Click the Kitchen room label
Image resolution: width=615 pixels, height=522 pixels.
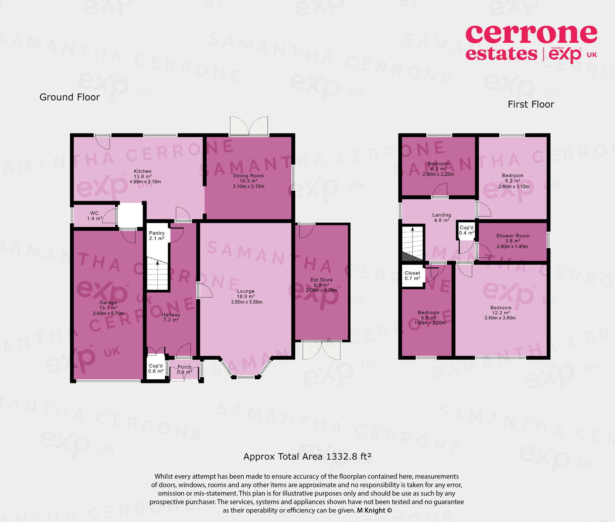pyautogui.click(x=143, y=171)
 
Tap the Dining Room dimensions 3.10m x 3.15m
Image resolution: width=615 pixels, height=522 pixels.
pyautogui.click(x=248, y=186)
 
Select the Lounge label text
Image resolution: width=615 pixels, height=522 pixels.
pyautogui.click(x=246, y=291)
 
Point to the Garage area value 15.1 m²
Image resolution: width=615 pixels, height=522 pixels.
pyautogui.click(x=108, y=308)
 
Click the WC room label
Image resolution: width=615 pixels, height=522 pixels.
pyautogui.click(x=95, y=213)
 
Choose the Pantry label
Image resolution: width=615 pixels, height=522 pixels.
pyautogui.click(x=157, y=233)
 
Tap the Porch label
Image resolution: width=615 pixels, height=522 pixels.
pyautogui.click(x=184, y=367)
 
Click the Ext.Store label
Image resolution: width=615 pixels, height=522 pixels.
pyautogui.click(x=322, y=280)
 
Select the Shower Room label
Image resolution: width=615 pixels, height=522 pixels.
pyautogui.click(x=512, y=236)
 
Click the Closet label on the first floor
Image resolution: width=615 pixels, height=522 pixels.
pyautogui.click(x=412, y=273)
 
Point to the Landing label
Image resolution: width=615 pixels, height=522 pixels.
pyautogui.click(x=442, y=215)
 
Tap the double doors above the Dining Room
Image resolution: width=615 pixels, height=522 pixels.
pyautogui.click(x=249, y=126)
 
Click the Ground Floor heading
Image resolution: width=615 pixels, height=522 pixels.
pyautogui.click(x=70, y=97)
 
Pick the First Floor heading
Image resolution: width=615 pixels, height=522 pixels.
pyautogui.click(x=531, y=104)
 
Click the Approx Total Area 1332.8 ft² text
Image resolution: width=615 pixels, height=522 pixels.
pyautogui.click(x=307, y=457)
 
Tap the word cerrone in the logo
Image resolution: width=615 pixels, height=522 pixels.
pyautogui.click(x=531, y=35)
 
